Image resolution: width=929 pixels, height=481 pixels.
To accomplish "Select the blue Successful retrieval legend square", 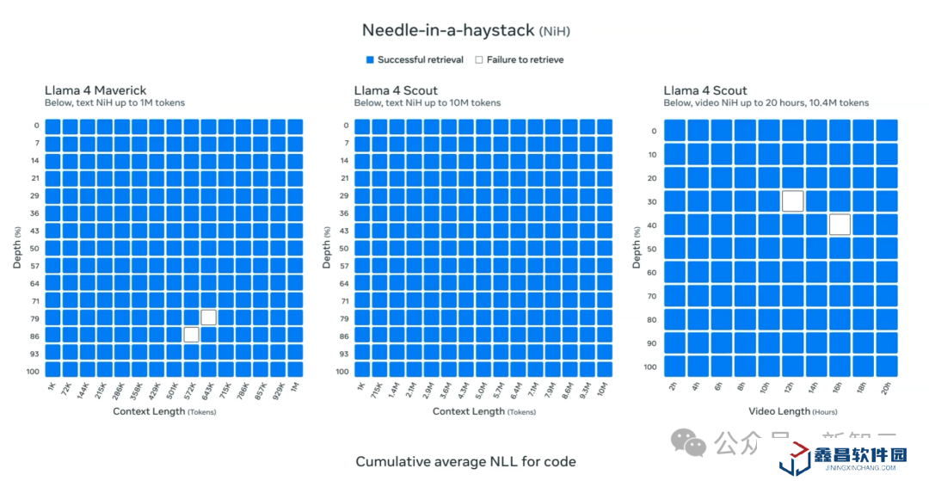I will pyautogui.click(x=370, y=60).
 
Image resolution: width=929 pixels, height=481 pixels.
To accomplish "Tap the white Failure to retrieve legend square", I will pyautogui.click(x=479, y=60).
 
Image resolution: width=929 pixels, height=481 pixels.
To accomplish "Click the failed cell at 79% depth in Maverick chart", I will pyautogui.click(x=208, y=318).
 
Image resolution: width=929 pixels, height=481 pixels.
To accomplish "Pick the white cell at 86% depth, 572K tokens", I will pyautogui.click(x=191, y=335).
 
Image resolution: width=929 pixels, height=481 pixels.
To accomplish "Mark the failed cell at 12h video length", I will pyautogui.click(x=793, y=201).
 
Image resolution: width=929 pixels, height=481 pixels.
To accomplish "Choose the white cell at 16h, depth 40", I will pyautogui.click(x=840, y=225).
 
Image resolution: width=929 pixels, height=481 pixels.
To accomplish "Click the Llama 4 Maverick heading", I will pyautogui.click(x=95, y=90).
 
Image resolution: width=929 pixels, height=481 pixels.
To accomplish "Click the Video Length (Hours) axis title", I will pyautogui.click(x=792, y=411).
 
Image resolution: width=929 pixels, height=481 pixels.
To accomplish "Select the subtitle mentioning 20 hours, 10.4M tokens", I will pyautogui.click(x=766, y=103).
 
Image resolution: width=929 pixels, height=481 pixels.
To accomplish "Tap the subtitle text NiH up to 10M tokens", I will pyautogui.click(x=427, y=103).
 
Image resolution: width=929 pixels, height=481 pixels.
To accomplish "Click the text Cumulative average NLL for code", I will pyautogui.click(x=465, y=462).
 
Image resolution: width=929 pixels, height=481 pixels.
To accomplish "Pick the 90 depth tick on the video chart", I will pyautogui.click(x=651, y=343).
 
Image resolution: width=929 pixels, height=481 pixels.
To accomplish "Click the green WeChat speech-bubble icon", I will pyautogui.click(x=688, y=443).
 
